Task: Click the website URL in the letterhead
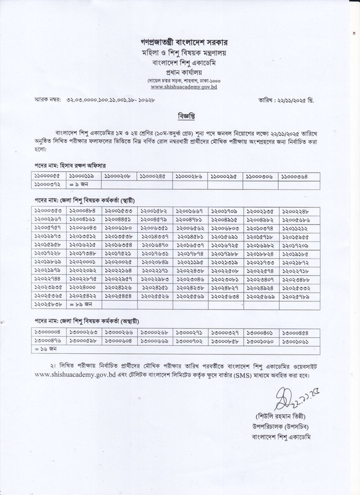pos(180,88)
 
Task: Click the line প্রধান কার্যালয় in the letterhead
pos(180,72)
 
